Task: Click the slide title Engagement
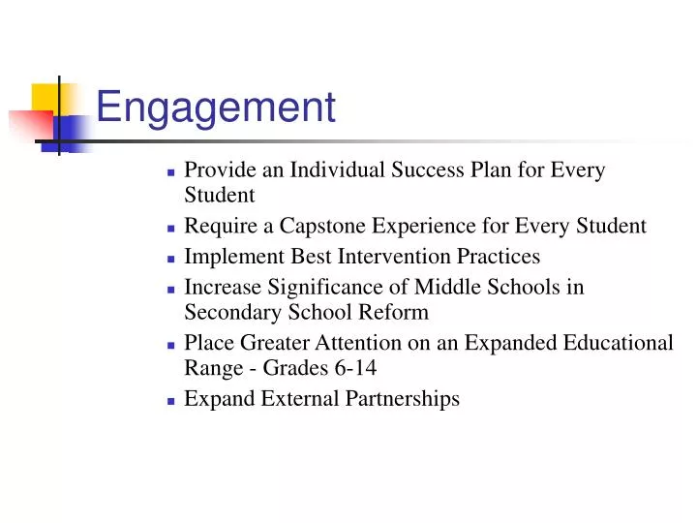216,107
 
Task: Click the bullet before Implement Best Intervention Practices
170,259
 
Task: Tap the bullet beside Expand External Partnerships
170,400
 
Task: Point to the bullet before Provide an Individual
170,172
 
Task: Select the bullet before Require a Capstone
170,229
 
